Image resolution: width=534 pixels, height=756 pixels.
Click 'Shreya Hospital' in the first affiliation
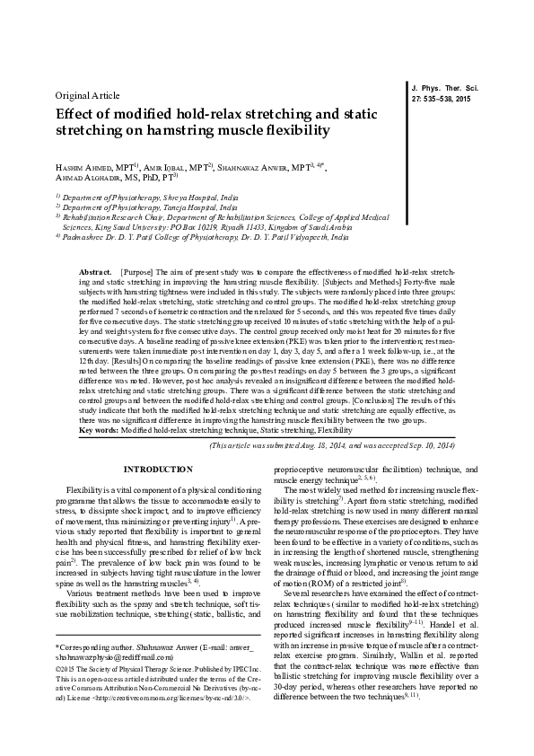[x=173, y=197]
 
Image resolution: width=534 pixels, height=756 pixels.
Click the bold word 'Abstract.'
[x=95, y=270]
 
